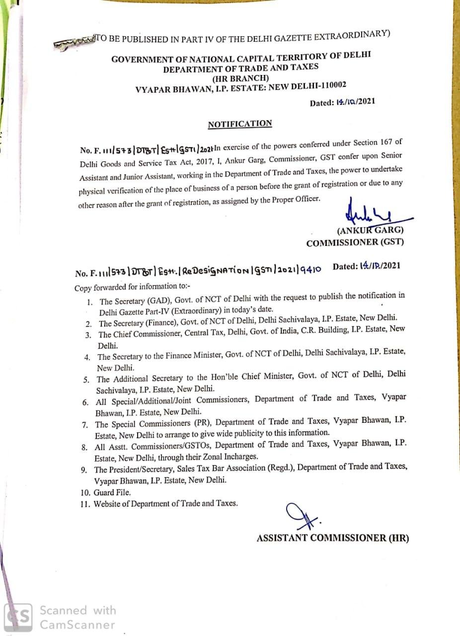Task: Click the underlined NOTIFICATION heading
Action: (240, 124)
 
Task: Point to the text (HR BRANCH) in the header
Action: (241, 79)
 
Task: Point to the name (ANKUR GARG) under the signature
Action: (370, 231)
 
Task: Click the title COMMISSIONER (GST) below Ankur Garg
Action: (355, 242)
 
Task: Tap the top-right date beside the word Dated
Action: (356, 102)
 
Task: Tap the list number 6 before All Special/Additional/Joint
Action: (85, 401)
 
